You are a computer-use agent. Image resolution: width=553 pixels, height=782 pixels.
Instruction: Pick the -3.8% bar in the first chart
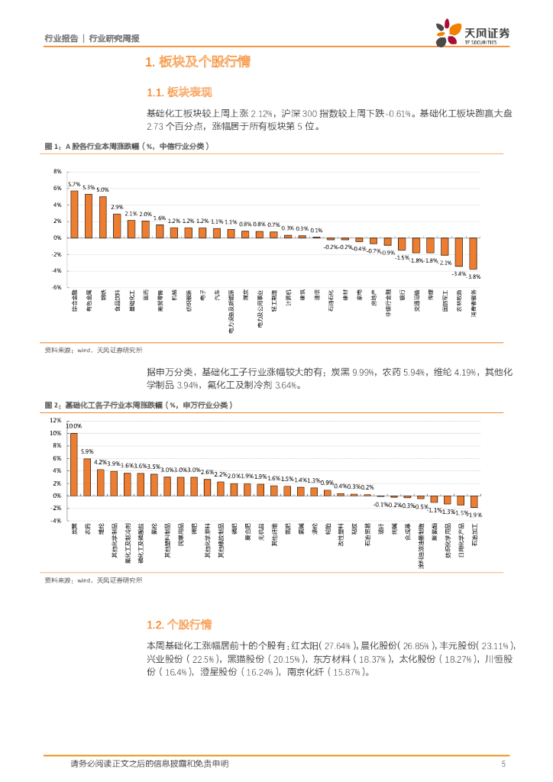tap(474, 254)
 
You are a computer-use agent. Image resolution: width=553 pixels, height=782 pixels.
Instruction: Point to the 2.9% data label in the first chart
tap(117, 207)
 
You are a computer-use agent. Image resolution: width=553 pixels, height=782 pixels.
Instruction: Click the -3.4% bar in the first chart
tap(459, 251)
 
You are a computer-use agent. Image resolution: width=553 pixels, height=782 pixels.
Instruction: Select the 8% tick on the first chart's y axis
tap(57, 171)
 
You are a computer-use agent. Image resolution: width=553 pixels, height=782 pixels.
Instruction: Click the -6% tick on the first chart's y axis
tap(57, 288)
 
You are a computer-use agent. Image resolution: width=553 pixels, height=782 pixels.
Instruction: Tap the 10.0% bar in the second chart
tap(74, 464)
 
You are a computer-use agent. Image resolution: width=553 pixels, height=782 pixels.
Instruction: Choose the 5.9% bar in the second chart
tap(87, 477)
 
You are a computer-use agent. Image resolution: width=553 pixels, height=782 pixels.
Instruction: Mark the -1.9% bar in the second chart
tap(474, 502)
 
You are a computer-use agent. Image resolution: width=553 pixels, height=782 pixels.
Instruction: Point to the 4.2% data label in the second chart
tap(100, 462)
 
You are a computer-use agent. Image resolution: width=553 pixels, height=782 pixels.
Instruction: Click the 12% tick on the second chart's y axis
tap(56, 420)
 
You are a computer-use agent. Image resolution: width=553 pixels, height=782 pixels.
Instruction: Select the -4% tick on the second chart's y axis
tap(56, 521)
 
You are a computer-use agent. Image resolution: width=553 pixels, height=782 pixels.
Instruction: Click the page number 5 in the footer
tap(503, 764)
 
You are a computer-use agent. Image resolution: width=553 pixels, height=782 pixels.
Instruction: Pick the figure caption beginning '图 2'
tap(137, 404)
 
